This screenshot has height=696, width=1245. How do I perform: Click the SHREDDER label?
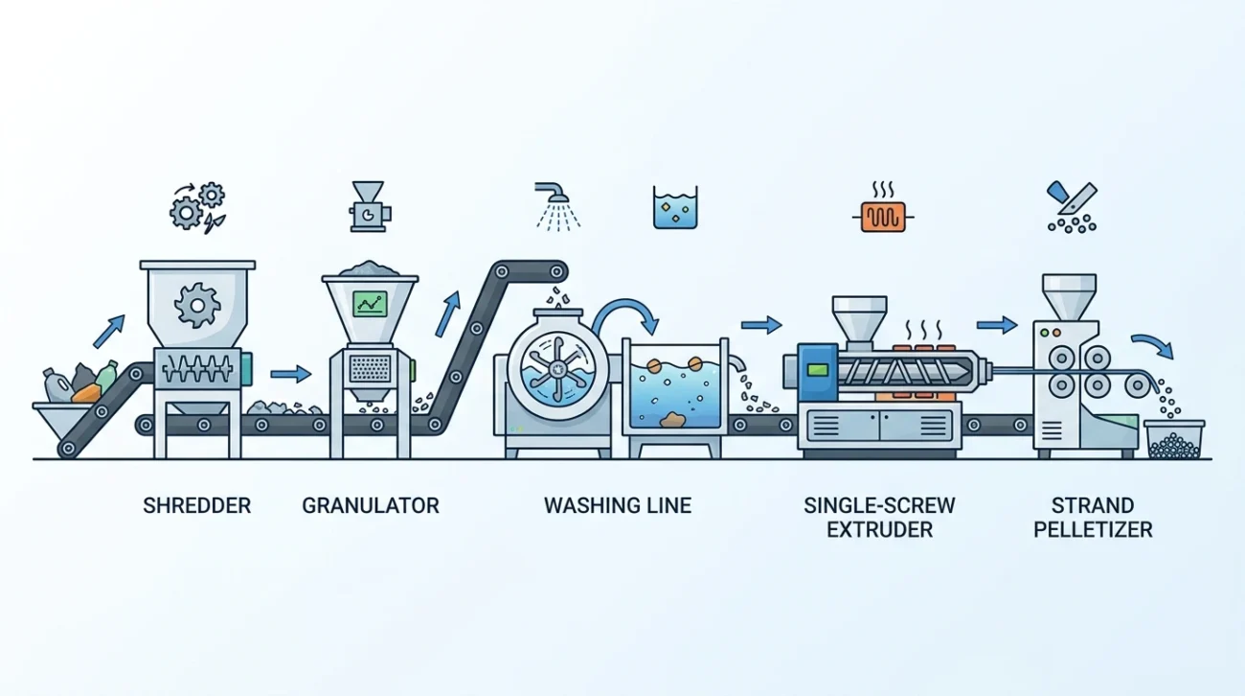pos(196,506)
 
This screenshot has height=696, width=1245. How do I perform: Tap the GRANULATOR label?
pos(371,506)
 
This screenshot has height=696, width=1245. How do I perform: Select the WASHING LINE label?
pos(618,506)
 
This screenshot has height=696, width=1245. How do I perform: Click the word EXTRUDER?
pos(879,529)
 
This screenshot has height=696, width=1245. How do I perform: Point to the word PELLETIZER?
pos(1093,529)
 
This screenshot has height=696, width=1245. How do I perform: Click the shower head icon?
pos(557,206)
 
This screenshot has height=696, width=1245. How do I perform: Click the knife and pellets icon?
pos(1072,207)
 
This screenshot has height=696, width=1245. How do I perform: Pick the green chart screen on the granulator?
pos(371,304)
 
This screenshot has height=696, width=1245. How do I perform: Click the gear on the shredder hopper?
pos(196,305)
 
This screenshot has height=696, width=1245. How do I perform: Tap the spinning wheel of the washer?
pos(557,368)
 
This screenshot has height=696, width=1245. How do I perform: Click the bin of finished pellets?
pos(1174,439)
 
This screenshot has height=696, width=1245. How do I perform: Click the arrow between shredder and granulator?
pos(291,374)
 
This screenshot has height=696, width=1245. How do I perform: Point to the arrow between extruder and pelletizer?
pos(997,324)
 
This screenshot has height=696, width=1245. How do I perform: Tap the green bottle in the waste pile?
pos(104,376)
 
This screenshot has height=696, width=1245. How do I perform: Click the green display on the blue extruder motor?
pos(818,370)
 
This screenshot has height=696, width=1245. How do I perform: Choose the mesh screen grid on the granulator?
pos(370,368)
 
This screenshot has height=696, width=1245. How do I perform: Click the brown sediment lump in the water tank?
pos(674,420)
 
